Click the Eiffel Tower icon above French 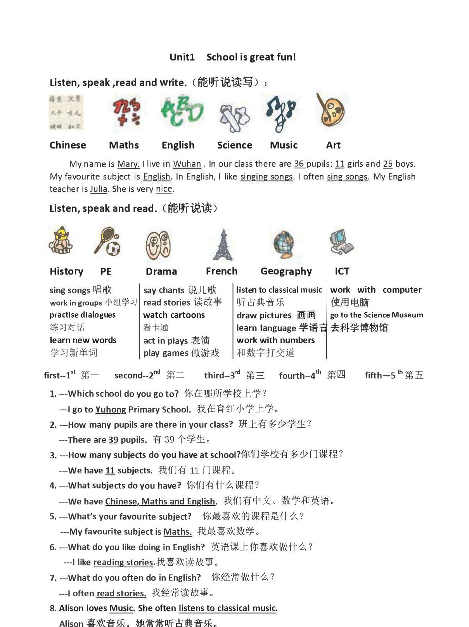[223, 245]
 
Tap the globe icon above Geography [284, 245]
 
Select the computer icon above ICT [341, 242]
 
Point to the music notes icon [280, 112]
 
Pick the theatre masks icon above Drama [158, 245]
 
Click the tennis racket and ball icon [107, 242]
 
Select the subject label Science [234, 145]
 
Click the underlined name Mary [128, 164]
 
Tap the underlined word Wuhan [187, 164]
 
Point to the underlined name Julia [99, 189]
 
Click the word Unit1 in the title [182, 57]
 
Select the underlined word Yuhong [111, 410]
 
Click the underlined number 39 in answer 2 [113, 440]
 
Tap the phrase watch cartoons [174, 315]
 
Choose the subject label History [66, 271]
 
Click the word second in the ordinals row [128, 376]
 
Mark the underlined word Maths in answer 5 [177, 532]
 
